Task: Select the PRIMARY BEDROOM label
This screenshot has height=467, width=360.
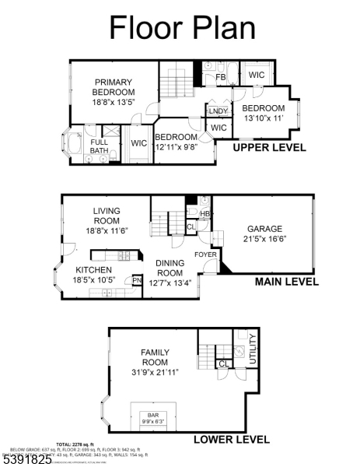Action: click(115, 86)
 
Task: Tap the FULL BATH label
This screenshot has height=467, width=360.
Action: click(100, 147)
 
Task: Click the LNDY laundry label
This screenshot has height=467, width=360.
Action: click(218, 111)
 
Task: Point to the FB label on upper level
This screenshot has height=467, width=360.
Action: click(220, 78)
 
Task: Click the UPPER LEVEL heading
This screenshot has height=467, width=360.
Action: click(270, 147)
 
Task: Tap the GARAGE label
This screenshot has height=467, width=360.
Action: click(264, 229)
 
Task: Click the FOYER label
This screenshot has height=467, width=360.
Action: click(205, 254)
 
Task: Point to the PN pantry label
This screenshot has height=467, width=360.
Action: click(137, 281)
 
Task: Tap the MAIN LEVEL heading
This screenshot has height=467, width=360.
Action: click(286, 282)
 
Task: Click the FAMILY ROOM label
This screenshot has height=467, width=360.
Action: click(155, 357)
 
